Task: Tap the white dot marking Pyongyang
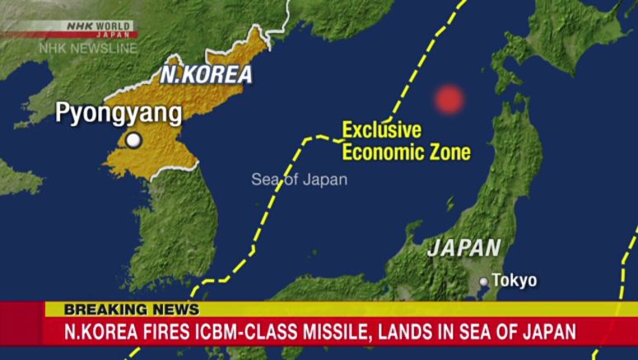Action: [x=133, y=141]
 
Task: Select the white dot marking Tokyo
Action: [x=484, y=282]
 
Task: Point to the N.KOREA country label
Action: [x=206, y=74]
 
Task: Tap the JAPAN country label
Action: [x=464, y=247]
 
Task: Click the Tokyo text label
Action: [x=515, y=281]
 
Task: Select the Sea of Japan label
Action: [x=299, y=180]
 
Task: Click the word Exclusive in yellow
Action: [x=381, y=130]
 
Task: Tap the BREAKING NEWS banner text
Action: [x=132, y=310]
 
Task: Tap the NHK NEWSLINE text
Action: [x=88, y=49]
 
